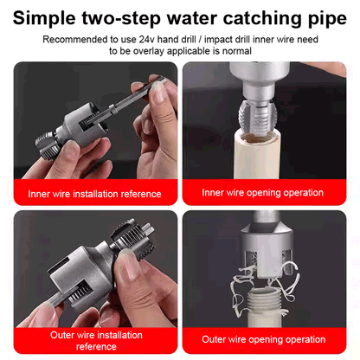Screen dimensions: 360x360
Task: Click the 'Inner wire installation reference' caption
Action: pyautogui.click(x=93, y=194)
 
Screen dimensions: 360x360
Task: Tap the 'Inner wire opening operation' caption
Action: pyautogui.click(x=262, y=193)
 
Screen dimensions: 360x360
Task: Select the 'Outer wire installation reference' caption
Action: pyautogui.click(x=93, y=340)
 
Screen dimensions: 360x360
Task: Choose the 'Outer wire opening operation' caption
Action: pyautogui.click(x=262, y=339)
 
